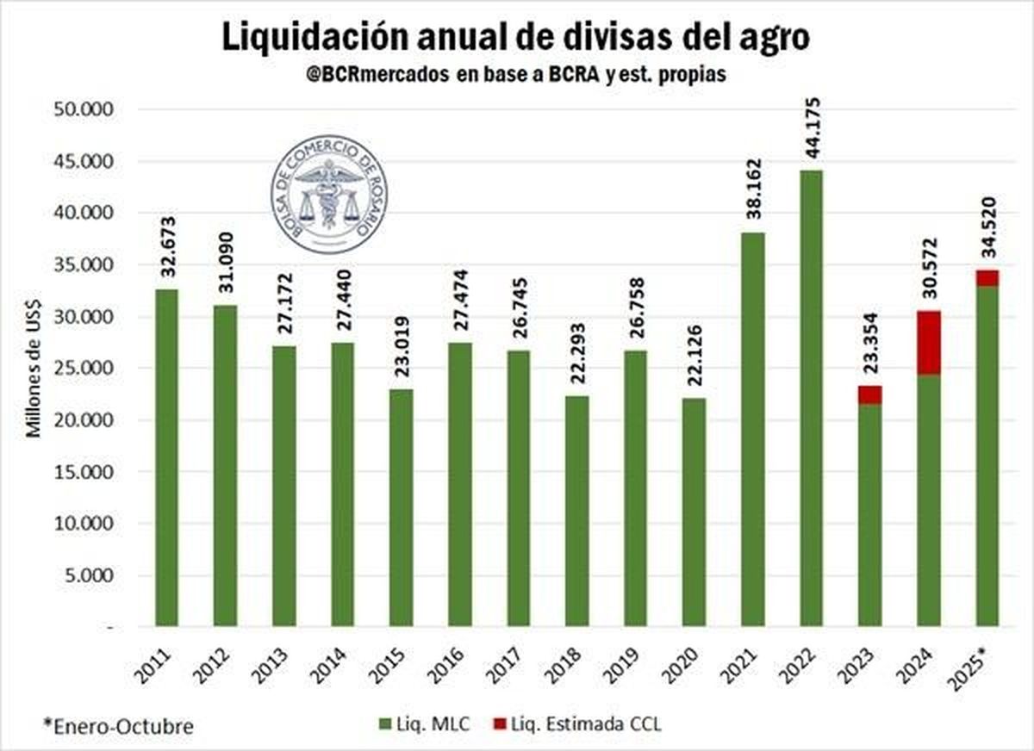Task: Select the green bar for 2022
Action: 811,396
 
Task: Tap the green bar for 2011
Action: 166,456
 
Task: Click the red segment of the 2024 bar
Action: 928,342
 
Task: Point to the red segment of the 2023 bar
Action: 869,394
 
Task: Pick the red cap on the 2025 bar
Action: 987,277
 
